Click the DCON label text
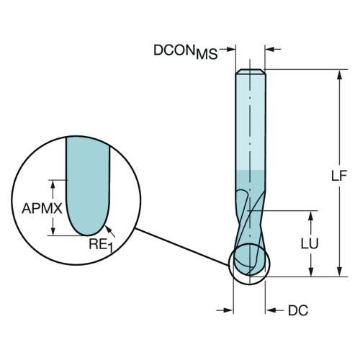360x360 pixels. (174, 50)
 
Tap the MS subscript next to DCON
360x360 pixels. (207, 54)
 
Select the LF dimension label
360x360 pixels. (339, 176)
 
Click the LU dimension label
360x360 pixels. (310, 243)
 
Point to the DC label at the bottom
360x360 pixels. (298, 310)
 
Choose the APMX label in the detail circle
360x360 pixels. (42, 208)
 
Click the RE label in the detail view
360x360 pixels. (98, 244)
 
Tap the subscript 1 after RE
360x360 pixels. (110, 248)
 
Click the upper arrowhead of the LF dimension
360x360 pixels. (339, 75)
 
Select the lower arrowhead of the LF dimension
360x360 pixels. (339, 271)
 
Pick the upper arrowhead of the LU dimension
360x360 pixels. (311, 216)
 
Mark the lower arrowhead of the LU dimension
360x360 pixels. (311, 271)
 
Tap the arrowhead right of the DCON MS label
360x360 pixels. (230, 50)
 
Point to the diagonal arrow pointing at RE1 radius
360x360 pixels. (110, 231)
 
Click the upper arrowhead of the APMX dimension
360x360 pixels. (53, 185)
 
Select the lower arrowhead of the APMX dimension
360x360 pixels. (53, 230)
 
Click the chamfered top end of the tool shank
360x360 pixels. (251, 71)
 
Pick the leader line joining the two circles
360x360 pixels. (181, 247)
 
